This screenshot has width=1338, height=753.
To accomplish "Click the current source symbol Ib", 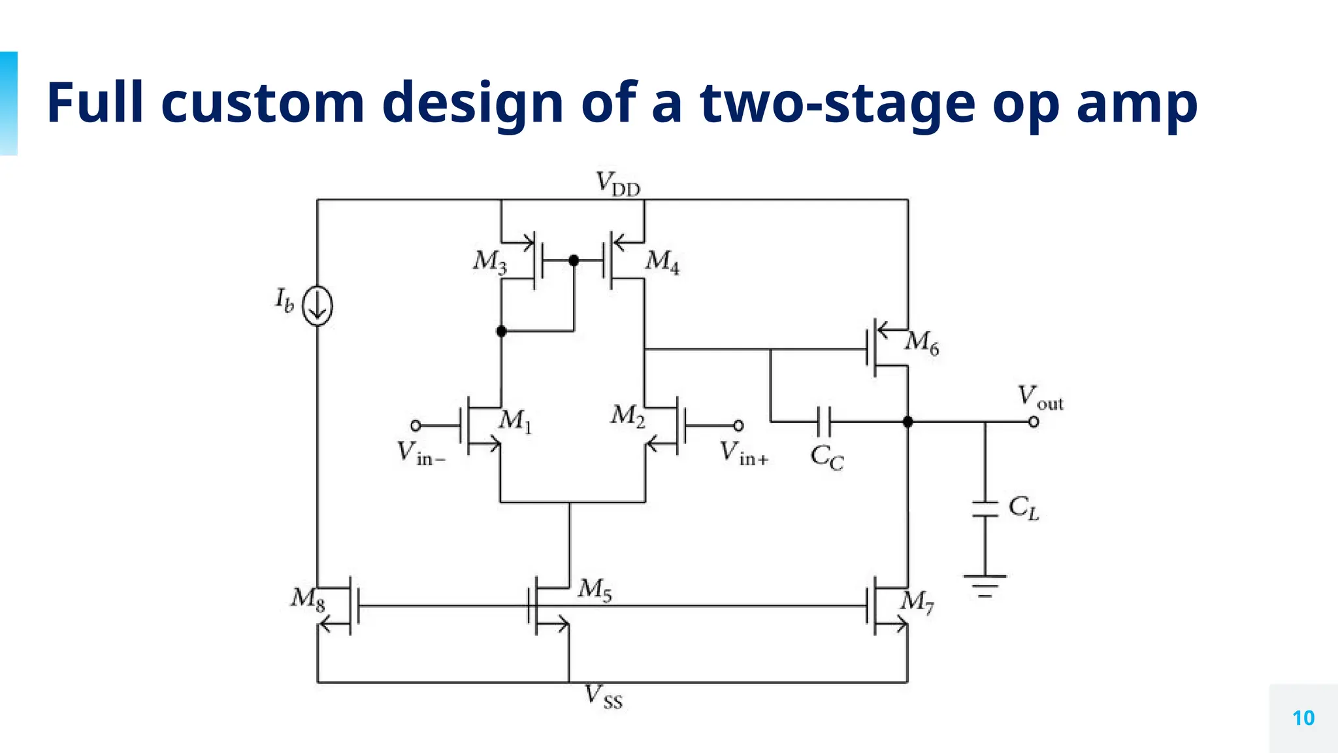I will tap(318, 306).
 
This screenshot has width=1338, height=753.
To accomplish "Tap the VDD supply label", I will tap(617, 184).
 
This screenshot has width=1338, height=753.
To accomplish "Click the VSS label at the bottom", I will tap(603, 696).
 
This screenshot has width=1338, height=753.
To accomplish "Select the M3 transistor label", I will tap(489, 261).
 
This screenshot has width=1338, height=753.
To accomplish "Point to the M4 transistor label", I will tap(662, 261).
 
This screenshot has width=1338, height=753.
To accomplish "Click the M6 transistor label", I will tap(922, 342).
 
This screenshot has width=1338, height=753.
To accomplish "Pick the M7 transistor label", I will tap(917, 601).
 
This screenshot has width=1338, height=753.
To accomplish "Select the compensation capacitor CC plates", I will tap(824, 422).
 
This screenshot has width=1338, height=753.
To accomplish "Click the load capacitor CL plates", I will tap(985, 509).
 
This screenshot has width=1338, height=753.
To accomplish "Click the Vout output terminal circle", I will tap(1034, 422).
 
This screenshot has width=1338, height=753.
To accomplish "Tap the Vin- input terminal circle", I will tap(416, 426).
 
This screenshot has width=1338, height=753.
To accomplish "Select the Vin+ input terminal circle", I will tap(738, 426).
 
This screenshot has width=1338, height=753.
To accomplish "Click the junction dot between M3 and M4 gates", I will tap(574, 261).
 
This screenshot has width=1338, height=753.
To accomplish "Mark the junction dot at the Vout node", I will tap(907, 422).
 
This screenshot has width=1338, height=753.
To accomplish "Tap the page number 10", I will tap(1303, 718).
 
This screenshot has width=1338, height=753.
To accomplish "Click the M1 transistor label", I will tap(515, 420).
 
